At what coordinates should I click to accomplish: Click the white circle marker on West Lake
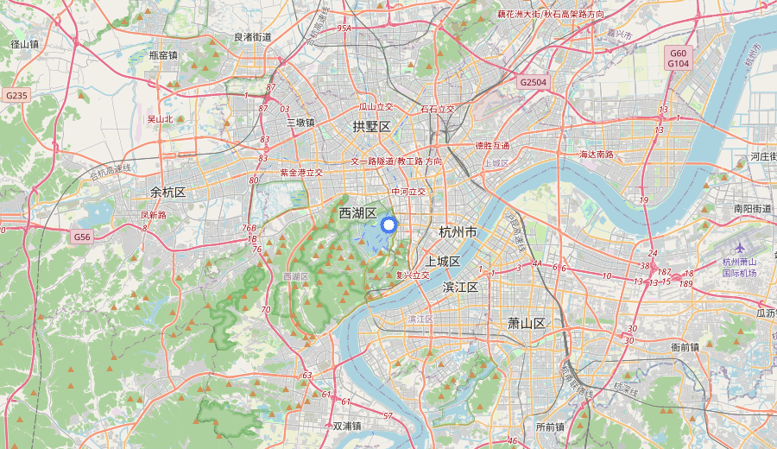388,225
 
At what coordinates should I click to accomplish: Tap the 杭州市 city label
458,232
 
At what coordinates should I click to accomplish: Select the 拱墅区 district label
371,127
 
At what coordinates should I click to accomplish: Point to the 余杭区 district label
168,192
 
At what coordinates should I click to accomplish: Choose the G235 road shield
16,95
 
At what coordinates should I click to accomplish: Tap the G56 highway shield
82,237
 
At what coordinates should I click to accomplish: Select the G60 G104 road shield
678,58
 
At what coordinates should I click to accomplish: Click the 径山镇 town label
24,44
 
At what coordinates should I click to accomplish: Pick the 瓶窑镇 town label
163,54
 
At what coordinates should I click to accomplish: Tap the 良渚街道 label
253,37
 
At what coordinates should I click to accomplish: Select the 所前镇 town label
549,427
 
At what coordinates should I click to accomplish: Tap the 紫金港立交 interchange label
300,173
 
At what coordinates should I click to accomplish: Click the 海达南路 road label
597,155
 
